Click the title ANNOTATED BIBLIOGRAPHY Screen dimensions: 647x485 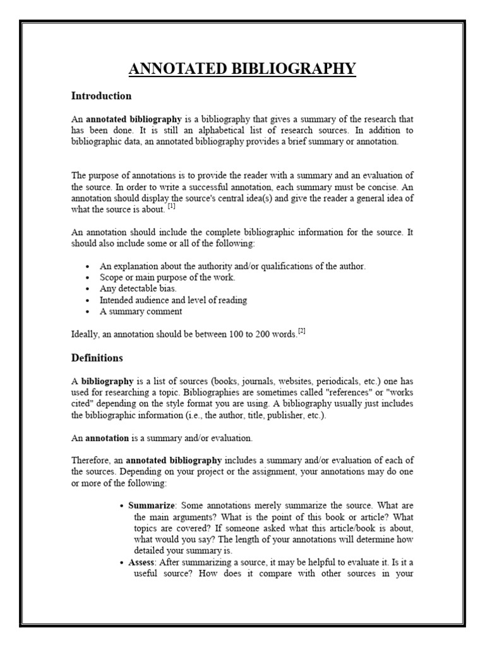coord(242,68)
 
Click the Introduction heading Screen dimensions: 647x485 coord(101,96)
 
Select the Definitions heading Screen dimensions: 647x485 coord(97,358)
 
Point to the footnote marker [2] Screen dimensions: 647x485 coord(302,331)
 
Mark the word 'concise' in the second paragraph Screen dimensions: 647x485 coord(381,187)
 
